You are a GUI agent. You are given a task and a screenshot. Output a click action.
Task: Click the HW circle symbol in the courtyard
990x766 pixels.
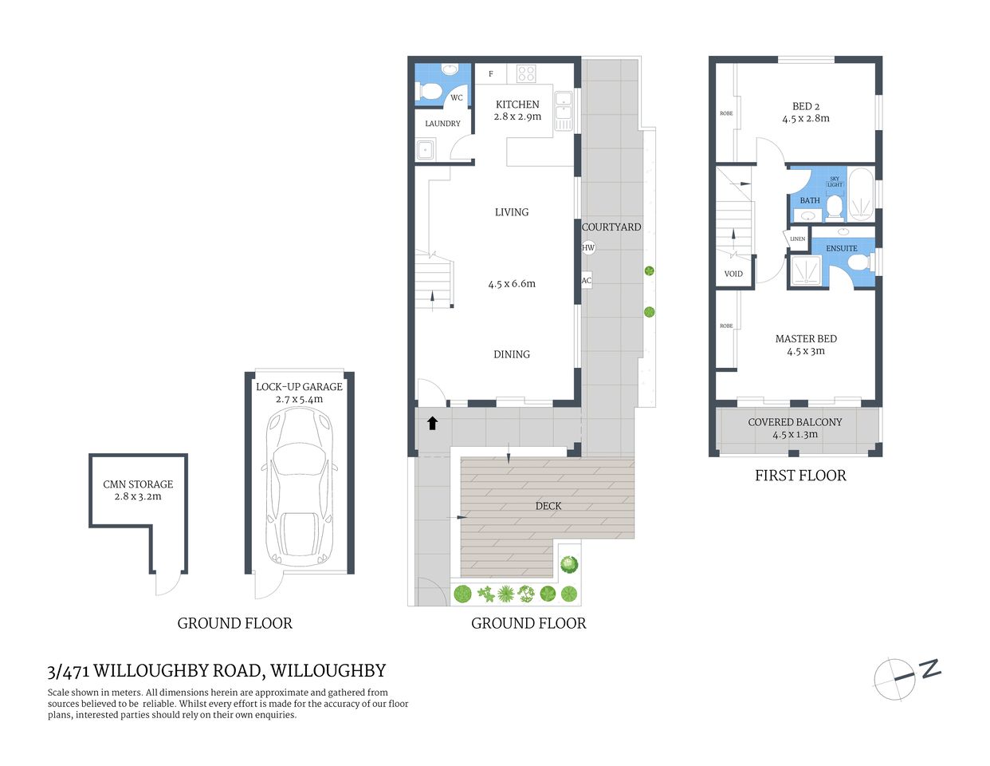pos(588,247)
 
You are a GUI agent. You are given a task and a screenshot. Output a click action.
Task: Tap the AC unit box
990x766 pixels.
pos(587,280)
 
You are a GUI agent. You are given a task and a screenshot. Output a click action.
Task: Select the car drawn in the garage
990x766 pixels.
pos(300,488)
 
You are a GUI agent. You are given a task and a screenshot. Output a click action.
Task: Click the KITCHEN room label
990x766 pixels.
pos(517,105)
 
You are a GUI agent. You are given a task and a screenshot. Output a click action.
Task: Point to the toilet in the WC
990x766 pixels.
pos(429,93)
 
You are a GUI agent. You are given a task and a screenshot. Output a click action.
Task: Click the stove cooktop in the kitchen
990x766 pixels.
pos(526,73)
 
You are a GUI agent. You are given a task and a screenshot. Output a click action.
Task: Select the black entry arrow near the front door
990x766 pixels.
pos(432,423)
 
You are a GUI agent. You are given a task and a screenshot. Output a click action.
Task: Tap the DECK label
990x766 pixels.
pos(548,506)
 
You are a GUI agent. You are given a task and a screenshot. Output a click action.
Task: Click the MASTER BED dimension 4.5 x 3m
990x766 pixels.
pos(806,351)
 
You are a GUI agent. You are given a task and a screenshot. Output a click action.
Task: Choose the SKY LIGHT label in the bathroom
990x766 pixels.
pos(835,182)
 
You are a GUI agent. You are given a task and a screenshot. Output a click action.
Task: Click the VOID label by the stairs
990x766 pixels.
pos(733,274)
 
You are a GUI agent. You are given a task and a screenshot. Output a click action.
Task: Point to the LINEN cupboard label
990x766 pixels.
pos(797,239)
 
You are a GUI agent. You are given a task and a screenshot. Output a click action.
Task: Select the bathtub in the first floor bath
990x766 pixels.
pos(861,194)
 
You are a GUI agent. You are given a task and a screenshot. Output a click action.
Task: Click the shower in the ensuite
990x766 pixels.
pos(807,270)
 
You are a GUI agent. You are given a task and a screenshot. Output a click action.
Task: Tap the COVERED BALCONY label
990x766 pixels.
pos(795,422)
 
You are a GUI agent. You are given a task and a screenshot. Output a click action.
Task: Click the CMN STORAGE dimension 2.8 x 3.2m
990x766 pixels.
pos(138,496)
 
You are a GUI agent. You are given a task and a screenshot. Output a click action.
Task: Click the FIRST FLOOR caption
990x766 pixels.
pos(800,476)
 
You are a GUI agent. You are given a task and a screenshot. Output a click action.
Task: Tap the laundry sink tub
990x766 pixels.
pos(425,149)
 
